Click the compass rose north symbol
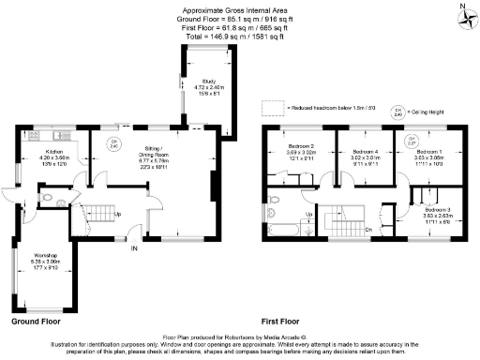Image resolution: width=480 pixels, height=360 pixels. point(462,14)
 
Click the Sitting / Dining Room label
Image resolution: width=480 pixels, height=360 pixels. point(157,155)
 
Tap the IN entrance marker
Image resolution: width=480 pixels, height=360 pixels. point(134,248)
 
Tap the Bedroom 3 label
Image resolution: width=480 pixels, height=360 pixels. point(436,212)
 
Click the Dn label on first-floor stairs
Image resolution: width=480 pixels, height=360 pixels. point(368,228)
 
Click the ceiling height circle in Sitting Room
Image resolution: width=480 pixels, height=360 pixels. point(114,145)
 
